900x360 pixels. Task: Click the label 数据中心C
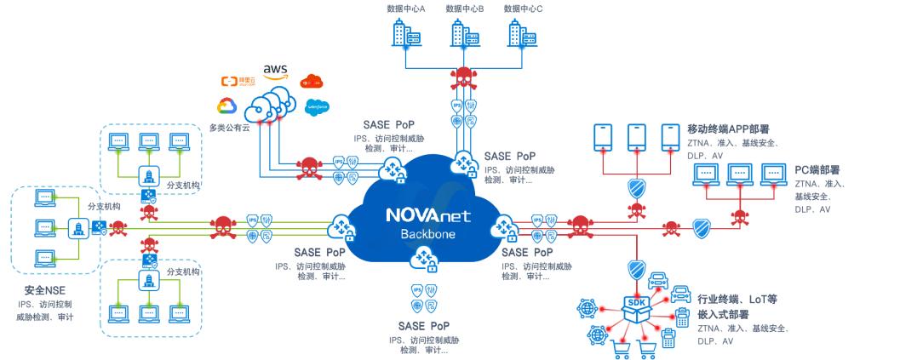pyautogui.click(x=523, y=9)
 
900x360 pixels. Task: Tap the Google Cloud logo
pyautogui.click(x=226, y=106)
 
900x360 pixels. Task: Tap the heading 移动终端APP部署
pyautogui.click(x=733, y=129)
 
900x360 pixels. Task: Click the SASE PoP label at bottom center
pyautogui.click(x=426, y=325)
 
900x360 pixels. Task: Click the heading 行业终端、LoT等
pyautogui.click(x=737, y=300)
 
